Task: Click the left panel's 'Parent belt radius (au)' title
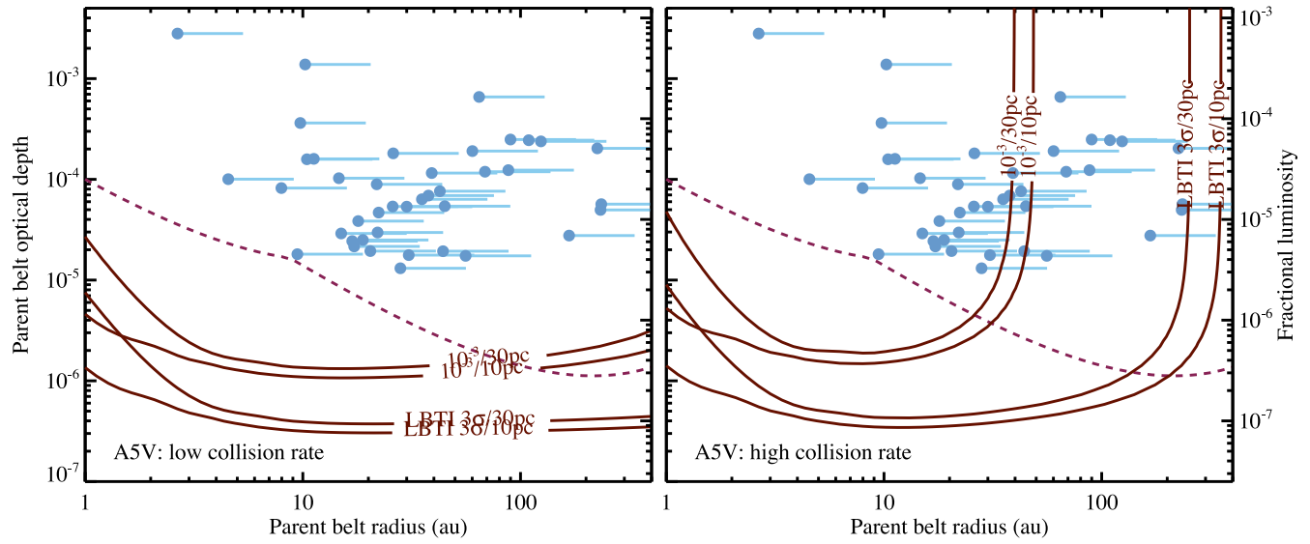pyautogui.click(x=367, y=528)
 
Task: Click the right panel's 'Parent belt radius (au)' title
pyautogui.click(x=948, y=528)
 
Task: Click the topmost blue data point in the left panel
pyautogui.click(x=177, y=33)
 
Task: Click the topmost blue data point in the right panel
pyautogui.click(x=759, y=33)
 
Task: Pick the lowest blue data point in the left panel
pyautogui.click(x=400, y=268)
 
